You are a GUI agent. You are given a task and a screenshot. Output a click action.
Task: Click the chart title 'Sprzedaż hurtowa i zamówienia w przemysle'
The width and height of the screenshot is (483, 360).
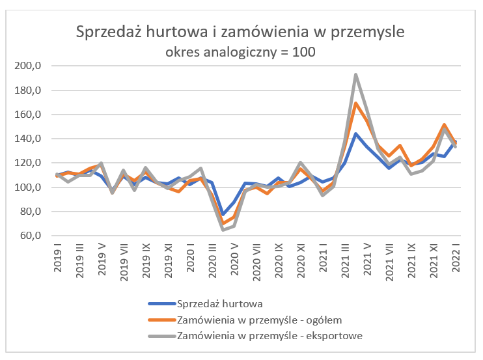click(240, 32)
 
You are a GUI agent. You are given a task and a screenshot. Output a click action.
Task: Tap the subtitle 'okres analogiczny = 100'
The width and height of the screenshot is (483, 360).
click(240, 52)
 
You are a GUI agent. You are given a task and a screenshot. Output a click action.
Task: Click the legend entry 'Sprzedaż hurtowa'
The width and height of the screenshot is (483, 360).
click(220, 303)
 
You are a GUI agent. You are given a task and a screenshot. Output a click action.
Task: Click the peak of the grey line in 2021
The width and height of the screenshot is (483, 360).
click(355, 74)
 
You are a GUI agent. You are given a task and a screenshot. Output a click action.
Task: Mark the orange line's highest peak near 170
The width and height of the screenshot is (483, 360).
click(355, 103)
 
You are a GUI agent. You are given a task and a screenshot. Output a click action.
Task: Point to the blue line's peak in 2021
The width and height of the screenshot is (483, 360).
click(355, 134)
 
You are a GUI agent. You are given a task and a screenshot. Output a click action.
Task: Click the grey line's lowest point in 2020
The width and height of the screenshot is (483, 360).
click(223, 230)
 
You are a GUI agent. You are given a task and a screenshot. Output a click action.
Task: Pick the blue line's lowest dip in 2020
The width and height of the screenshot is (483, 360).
click(223, 215)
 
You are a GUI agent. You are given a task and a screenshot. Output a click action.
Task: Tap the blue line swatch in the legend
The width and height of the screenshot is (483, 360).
click(161, 303)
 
